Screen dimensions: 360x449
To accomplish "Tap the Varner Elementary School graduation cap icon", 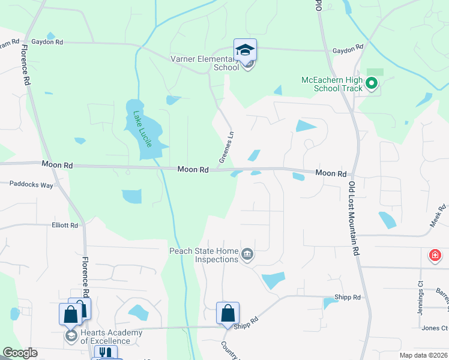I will point(245,50).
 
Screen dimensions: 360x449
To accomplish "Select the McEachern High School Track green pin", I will point(372,84).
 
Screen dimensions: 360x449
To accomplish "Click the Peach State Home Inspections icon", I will point(247,256).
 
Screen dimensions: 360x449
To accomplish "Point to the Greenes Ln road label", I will point(226,148).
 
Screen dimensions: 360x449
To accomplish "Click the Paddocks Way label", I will point(31,185).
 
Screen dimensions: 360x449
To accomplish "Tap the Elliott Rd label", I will point(65,226).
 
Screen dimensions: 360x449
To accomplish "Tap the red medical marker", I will point(435,256).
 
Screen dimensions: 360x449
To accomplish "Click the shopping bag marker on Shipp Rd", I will point(228,313).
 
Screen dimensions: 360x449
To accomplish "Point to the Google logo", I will point(19,353).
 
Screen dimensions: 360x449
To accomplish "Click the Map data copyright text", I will point(424,355).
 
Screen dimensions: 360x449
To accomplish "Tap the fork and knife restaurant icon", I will point(106,353).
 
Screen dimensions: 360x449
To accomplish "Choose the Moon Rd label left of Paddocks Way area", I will point(57,164).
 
